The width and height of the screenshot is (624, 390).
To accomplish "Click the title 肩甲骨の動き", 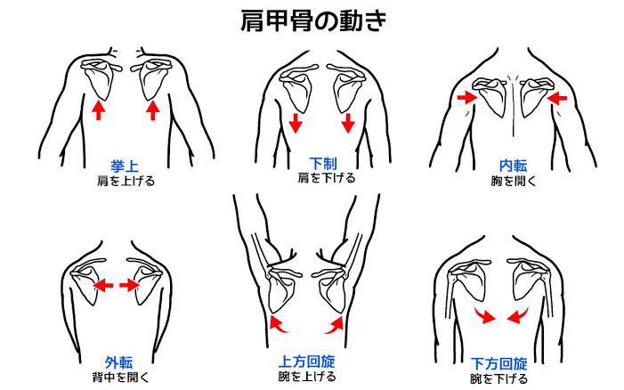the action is (x=313, y=20).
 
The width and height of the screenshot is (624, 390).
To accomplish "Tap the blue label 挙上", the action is (x=124, y=167).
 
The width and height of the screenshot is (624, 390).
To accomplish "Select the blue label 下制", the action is (x=323, y=164).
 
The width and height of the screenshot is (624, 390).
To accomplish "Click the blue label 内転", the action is (x=513, y=166).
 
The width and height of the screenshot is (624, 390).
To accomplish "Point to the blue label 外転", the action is (x=118, y=362).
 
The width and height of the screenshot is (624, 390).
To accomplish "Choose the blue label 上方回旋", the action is (x=306, y=362).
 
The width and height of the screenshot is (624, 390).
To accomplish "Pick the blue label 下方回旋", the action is (x=499, y=364).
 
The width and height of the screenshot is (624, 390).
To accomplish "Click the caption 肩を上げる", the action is (x=126, y=182).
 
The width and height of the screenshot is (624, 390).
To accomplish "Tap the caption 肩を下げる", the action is (x=327, y=178).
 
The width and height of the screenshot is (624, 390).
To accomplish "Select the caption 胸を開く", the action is (x=514, y=181).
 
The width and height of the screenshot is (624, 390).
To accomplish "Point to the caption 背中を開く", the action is (x=120, y=377).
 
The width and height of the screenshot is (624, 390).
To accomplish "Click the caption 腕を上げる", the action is (x=307, y=376).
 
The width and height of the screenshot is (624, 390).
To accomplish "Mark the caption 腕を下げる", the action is (x=498, y=378).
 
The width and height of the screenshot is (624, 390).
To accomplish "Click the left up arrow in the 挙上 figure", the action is (x=98, y=110).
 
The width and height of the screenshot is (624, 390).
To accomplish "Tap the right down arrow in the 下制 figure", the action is (x=348, y=123).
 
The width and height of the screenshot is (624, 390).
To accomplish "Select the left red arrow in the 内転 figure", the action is (x=466, y=97).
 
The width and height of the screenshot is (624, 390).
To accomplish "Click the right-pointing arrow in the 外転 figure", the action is (x=128, y=285).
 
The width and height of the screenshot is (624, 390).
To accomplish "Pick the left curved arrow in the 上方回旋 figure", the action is (x=279, y=324).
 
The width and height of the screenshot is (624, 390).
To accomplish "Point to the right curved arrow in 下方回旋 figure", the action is (x=517, y=316).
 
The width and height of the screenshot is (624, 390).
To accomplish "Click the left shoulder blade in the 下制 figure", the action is (x=297, y=91).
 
